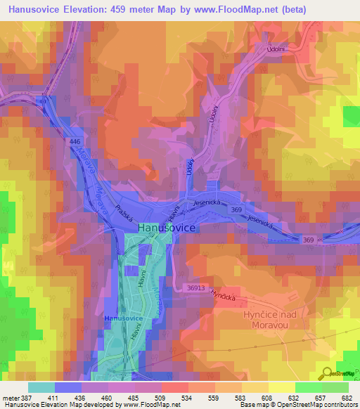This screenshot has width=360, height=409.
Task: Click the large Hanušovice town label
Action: pyautogui.click(x=168, y=228)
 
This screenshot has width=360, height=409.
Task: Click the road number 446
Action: pyautogui.click(x=75, y=142)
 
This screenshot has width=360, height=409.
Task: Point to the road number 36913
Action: pyautogui.click(x=198, y=287)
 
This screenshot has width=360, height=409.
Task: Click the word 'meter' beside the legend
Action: pyautogui.click(x=10, y=397)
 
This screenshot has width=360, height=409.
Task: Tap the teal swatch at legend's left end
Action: pyautogui.click(x=41, y=387)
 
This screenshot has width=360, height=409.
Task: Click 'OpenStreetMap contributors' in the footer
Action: pyautogui.click(x=314, y=405)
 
